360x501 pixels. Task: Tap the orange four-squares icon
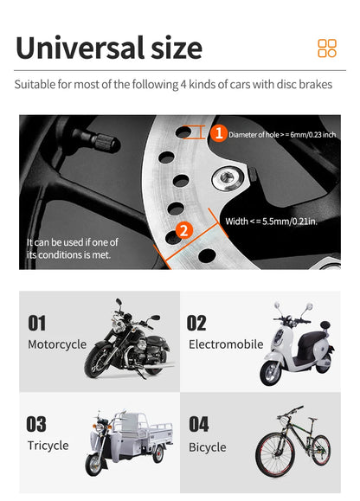tap(327, 48)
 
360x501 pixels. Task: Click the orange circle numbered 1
tap(219, 133)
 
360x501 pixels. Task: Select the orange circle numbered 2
tap(183, 230)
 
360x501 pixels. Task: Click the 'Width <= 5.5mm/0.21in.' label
tap(272, 222)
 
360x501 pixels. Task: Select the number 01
tap(37, 324)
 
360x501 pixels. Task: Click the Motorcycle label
tap(57, 344)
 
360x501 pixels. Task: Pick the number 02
tap(197, 324)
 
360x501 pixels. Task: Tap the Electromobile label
tap(225, 344)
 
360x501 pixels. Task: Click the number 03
tap(36, 424)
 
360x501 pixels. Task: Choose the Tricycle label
tap(48, 446)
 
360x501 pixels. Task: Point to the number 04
tap(198, 424)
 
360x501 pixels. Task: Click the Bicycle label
tap(207, 447)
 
